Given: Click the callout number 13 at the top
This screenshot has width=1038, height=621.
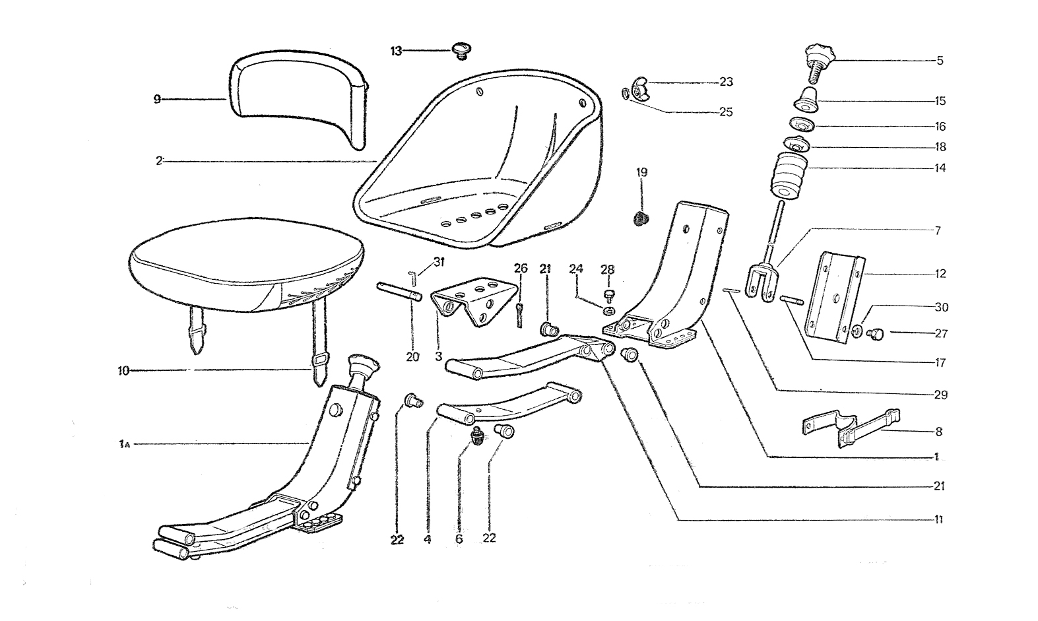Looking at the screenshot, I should pos(396,51).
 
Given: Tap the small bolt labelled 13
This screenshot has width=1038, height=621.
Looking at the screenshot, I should pos(460,49).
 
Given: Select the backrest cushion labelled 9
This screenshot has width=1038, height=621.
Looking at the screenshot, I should pos(298,99).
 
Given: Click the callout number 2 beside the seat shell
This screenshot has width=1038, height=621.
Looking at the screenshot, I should pos(158,160).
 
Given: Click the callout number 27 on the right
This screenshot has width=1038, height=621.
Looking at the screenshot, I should pos(940,333).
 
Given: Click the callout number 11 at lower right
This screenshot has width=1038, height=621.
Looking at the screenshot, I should pos(938,520).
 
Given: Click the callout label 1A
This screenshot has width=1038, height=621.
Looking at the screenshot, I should pos(123,445).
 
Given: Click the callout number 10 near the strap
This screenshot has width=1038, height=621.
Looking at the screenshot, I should pos(122,371).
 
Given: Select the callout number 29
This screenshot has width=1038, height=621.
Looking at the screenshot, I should pos(940,395).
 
